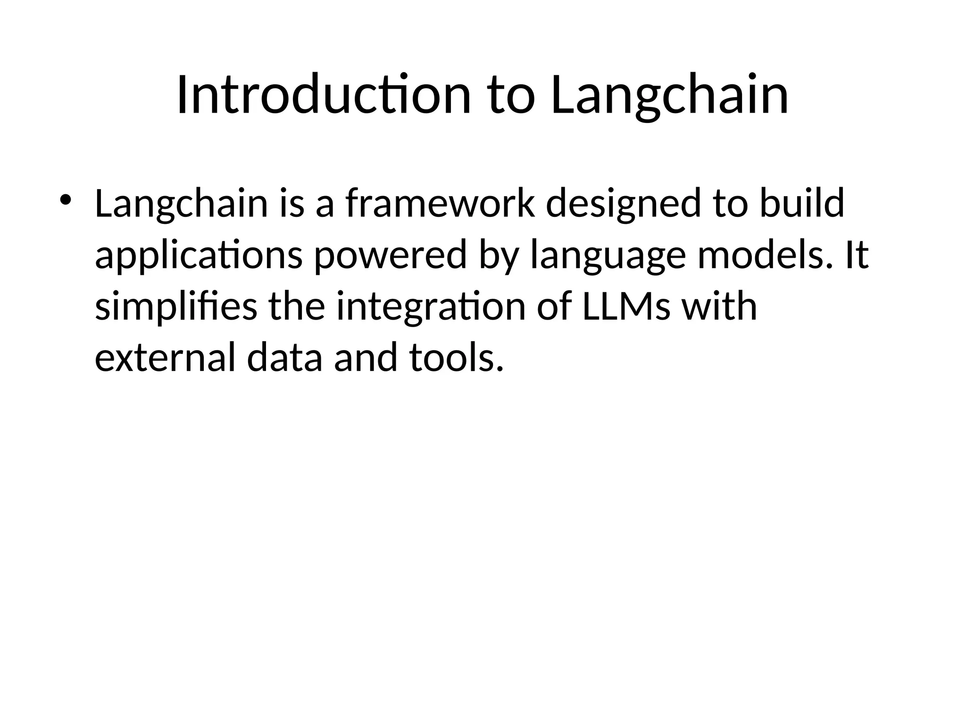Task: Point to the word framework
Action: (x=440, y=204)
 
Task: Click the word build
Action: (x=802, y=204)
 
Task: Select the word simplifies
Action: (x=176, y=307)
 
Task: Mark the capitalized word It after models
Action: (x=856, y=255)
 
